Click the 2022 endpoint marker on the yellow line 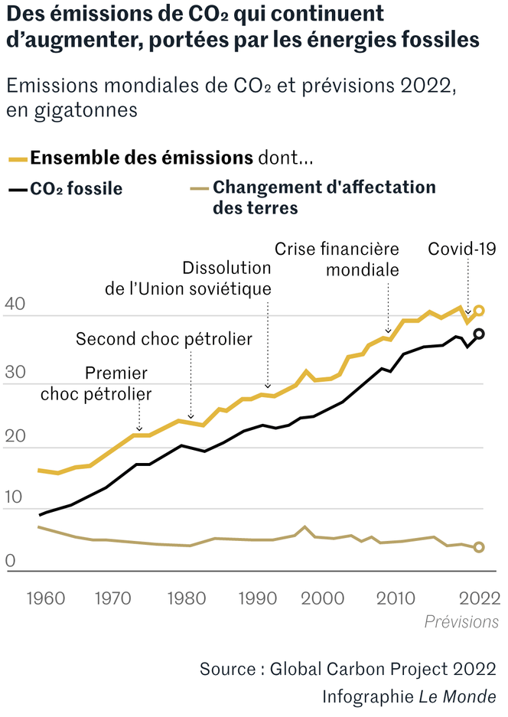479,311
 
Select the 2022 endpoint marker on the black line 479,334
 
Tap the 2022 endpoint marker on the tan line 479,547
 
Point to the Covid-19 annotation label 462,249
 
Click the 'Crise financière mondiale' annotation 337,259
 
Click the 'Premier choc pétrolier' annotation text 96,383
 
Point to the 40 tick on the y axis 16,305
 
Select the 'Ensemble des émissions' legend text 141,158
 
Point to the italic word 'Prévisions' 461,621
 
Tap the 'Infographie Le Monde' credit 409,697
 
